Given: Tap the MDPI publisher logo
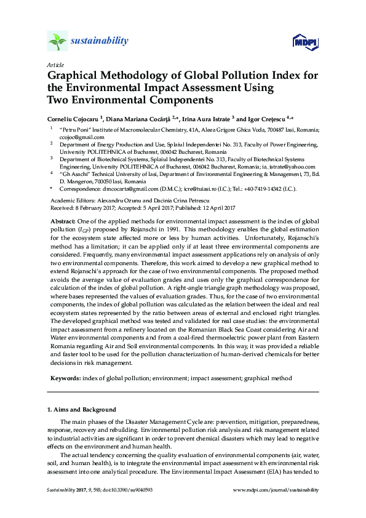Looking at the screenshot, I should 304,42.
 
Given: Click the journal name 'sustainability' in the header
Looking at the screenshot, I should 100,41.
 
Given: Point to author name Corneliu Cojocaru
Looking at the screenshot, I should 75,118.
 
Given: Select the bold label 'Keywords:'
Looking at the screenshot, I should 65,378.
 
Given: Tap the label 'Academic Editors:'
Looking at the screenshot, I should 71,201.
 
